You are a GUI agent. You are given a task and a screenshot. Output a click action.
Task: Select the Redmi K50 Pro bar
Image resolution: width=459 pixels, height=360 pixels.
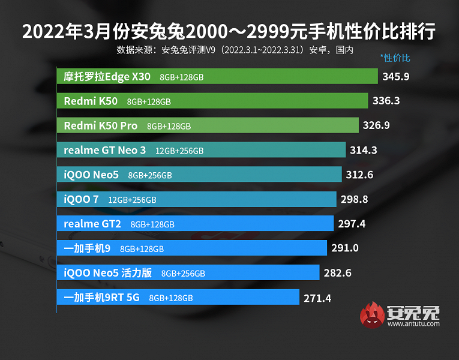[x=210, y=125]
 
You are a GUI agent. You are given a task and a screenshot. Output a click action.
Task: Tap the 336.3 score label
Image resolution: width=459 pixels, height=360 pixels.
[x=386, y=101]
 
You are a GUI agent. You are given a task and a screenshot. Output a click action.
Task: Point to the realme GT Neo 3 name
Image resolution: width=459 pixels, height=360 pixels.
[x=104, y=150]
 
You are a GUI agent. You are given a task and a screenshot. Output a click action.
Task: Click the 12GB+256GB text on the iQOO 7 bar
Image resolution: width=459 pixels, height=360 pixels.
[x=132, y=200]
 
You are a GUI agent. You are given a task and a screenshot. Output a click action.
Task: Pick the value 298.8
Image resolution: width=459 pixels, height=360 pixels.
[x=355, y=199]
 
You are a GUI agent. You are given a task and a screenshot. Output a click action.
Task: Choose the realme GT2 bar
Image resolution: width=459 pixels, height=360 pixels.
[x=196, y=224]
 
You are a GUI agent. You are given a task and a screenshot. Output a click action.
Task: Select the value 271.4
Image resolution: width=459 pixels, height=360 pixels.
[x=317, y=297]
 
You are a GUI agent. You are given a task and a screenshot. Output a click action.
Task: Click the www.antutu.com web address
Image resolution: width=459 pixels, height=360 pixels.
[x=413, y=325]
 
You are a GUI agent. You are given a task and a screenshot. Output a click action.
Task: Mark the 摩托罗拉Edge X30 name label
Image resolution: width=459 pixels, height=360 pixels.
[x=107, y=77]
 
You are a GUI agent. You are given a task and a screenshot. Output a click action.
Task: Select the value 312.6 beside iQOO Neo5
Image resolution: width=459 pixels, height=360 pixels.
[x=360, y=175]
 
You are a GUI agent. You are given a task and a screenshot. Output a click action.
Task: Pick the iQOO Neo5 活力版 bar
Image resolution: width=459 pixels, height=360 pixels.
[x=188, y=273]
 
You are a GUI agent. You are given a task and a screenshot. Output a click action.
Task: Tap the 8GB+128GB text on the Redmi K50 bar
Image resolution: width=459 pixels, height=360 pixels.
[x=149, y=102]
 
